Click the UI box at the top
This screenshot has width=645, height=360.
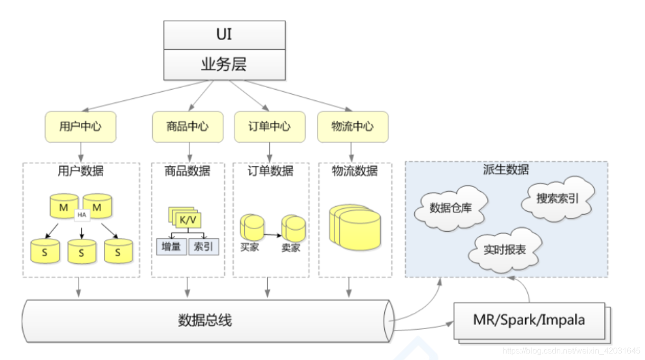click(x=224, y=35)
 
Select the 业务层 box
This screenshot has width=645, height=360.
click(x=224, y=64)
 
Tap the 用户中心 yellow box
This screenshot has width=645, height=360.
click(x=81, y=127)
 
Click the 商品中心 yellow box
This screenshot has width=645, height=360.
click(x=187, y=127)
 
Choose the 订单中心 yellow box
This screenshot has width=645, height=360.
click(x=270, y=127)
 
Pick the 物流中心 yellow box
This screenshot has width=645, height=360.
click(x=352, y=127)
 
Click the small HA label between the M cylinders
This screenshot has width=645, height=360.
click(x=81, y=215)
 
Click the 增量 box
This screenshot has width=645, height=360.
click(x=171, y=248)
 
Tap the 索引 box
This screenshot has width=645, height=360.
click(x=203, y=248)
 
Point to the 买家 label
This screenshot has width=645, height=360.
click(x=249, y=247)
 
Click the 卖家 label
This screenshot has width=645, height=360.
click(x=291, y=248)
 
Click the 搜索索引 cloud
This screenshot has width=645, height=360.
click(x=557, y=198)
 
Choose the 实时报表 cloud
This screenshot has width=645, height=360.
click(x=504, y=250)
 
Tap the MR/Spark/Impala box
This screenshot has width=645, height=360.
click(x=528, y=320)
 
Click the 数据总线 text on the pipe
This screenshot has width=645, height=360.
click(x=205, y=320)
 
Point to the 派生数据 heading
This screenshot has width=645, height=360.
click(x=506, y=170)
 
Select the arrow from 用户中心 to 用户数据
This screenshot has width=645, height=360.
click(x=81, y=152)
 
